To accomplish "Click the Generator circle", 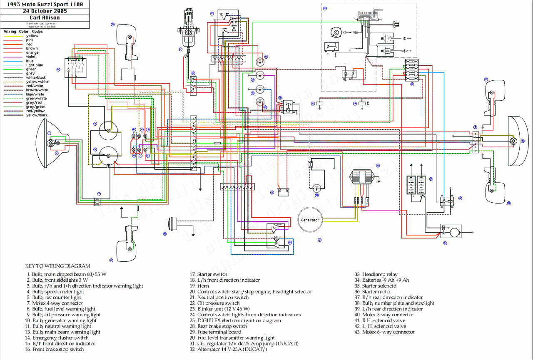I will click(x=310, y=220).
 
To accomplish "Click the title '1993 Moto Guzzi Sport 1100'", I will click(x=45, y=4).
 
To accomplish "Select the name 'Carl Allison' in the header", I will click(x=45, y=18).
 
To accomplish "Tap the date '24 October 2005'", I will click(x=45, y=11).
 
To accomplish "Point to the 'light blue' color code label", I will click(x=35, y=65).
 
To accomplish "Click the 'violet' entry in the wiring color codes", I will click(x=31, y=57).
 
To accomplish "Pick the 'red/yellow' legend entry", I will click(x=35, y=111).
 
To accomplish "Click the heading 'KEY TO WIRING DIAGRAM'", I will click(x=57, y=266).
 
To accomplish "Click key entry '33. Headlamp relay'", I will click(x=375, y=274).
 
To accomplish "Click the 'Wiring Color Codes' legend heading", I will click(x=23, y=32).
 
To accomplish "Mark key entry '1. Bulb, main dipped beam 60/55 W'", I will click(x=67, y=274).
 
